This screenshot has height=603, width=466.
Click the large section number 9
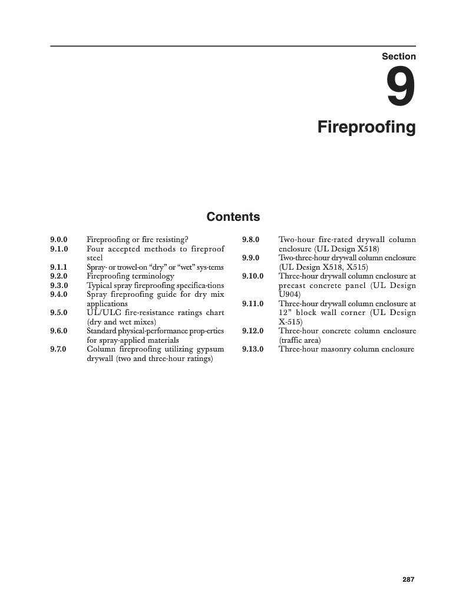coord(401,87)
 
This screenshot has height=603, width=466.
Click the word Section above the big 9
coord(399,57)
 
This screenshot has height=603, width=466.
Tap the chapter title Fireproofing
coord(366,127)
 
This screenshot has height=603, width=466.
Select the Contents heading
coord(233,217)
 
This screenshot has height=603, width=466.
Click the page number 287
coord(409,579)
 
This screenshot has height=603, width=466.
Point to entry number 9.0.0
coord(59,240)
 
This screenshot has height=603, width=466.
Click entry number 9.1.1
coord(59,267)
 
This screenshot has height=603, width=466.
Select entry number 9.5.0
coord(59,313)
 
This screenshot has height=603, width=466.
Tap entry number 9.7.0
coord(59,349)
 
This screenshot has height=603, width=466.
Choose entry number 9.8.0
coord(251,240)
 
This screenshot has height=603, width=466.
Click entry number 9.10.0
coord(253,276)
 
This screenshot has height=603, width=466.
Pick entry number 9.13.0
coord(253,349)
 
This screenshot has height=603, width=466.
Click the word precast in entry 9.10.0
coord(294,286)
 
